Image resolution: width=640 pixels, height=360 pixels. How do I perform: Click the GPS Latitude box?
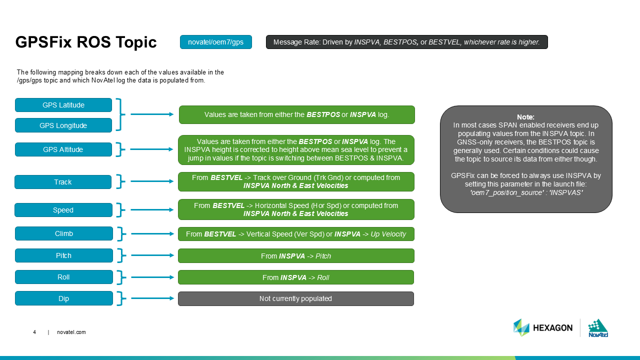[x=63, y=105]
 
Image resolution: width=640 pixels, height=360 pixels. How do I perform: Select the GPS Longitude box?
[x=63, y=125]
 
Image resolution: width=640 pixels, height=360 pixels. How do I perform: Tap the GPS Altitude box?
[x=63, y=149]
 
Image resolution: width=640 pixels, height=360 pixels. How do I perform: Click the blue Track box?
[x=63, y=182]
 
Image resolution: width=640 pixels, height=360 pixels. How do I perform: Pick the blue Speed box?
[x=63, y=210]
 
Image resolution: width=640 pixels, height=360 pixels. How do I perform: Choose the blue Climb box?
[x=64, y=233]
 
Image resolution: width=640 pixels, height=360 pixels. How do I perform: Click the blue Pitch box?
[x=64, y=255]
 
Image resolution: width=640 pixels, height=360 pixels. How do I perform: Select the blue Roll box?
[x=64, y=277]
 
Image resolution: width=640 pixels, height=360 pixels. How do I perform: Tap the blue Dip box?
[x=64, y=298]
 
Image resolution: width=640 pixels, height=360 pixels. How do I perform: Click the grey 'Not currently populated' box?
[x=296, y=298]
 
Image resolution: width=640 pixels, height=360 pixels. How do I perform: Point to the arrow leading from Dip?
[x=152, y=298]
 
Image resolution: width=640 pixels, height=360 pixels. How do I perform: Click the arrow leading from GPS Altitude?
[x=152, y=149]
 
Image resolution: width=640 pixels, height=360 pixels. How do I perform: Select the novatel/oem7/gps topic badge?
[x=216, y=42]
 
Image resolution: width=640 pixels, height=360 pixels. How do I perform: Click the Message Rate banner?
[x=406, y=42]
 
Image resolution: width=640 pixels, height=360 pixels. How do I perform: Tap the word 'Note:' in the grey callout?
[x=526, y=117]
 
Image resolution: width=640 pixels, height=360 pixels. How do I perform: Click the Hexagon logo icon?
[x=521, y=327]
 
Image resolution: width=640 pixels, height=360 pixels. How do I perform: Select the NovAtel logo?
[x=597, y=328]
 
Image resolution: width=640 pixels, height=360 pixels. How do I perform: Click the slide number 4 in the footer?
[x=34, y=332]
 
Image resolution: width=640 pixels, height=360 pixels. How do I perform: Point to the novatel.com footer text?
[x=71, y=332]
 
